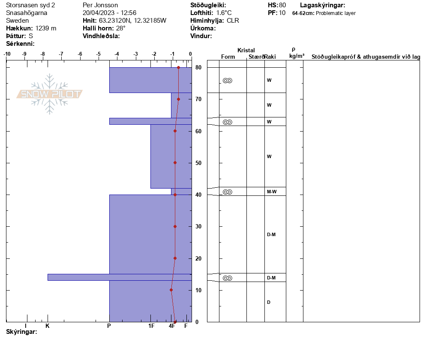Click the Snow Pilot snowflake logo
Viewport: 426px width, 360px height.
[49, 94]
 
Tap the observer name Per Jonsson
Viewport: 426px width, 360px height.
[100, 5]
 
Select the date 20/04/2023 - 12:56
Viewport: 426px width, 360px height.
[109, 13]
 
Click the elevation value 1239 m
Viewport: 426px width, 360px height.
[45, 28]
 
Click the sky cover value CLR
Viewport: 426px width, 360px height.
[233, 21]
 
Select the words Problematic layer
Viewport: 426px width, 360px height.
[336, 13]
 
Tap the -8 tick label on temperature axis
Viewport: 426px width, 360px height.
[43, 54]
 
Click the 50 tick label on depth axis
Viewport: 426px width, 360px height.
[198, 163]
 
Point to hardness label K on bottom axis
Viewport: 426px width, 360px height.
[48, 326]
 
